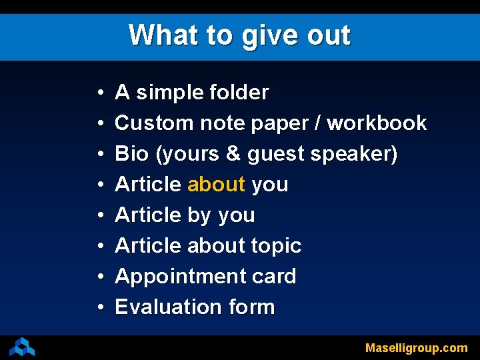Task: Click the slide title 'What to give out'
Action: click(x=239, y=35)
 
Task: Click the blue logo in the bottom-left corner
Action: click(x=22, y=347)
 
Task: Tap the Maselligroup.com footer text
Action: click(x=416, y=348)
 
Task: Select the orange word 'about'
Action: click(x=216, y=185)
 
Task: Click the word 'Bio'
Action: click(x=132, y=154)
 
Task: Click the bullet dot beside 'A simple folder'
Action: click(x=99, y=93)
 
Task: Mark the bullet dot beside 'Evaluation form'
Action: click(x=99, y=308)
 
